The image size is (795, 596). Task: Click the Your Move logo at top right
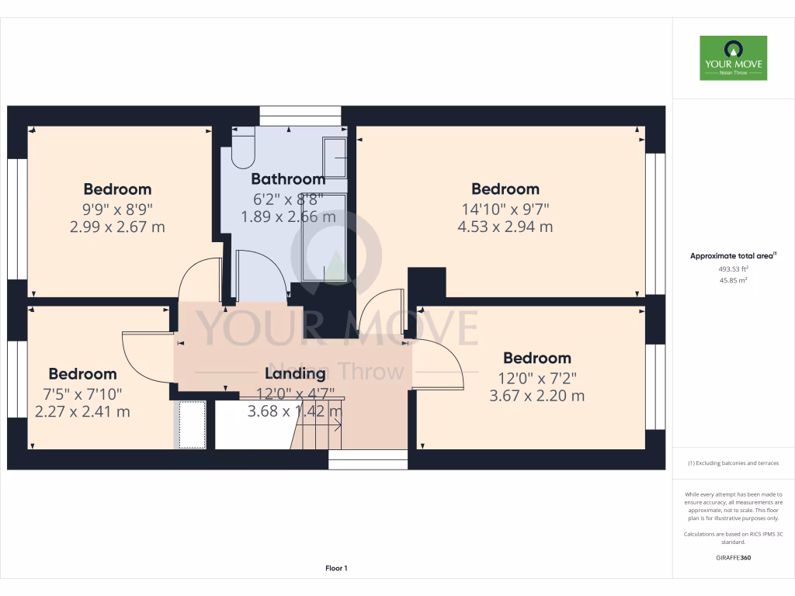tap(733, 57)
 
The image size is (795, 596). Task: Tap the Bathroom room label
tap(287, 179)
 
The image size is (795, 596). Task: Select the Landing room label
tap(295, 373)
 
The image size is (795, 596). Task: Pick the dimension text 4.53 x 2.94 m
tap(505, 227)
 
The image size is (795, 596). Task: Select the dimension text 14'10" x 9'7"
tap(505, 208)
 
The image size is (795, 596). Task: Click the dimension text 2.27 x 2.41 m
tap(82, 411)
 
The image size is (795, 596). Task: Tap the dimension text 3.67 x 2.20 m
tap(536, 396)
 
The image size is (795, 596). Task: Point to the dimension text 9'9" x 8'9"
tap(117, 208)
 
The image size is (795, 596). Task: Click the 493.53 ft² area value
tap(734, 269)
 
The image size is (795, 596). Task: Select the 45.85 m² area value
tap(734, 280)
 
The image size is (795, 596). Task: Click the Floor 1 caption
tap(336, 568)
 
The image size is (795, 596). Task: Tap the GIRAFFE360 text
tap(734, 557)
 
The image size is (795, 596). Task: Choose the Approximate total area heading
tap(734, 255)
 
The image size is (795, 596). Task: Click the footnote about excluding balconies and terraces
tap(734, 463)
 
